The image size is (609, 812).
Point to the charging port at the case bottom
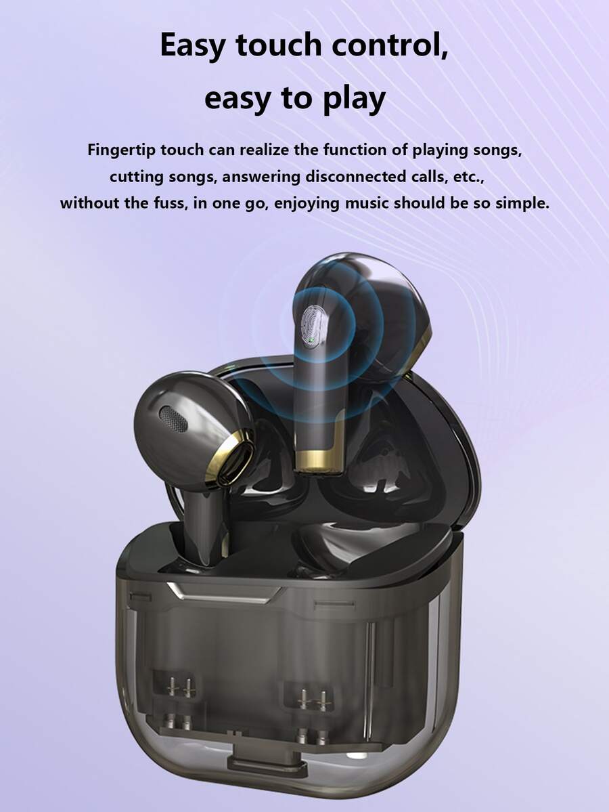(x=256, y=765)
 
